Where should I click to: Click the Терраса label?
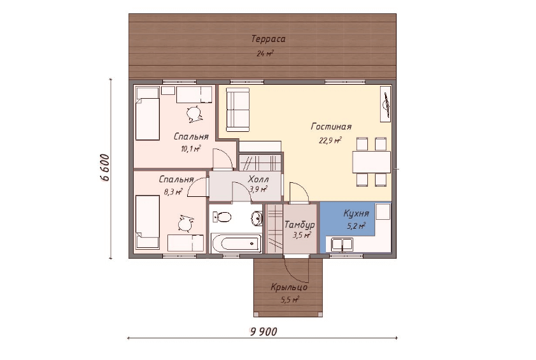(x=268, y=39)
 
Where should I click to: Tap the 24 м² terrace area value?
(x=265, y=54)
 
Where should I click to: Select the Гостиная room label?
(x=331, y=127)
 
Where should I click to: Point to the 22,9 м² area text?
(x=330, y=141)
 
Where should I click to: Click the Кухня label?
(x=356, y=214)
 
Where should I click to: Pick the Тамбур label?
(x=299, y=225)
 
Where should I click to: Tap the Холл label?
(x=258, y=179)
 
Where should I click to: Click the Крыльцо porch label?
(x=289, y=287)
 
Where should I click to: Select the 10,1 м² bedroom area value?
(x=191, y=148)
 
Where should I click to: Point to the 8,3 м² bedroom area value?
(x=173, y=192)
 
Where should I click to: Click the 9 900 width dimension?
(x=264, y=331)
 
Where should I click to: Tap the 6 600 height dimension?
(x=105, y=168)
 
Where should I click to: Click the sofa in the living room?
(x=238, y=110)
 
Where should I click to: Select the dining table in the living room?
(x=372, y=162)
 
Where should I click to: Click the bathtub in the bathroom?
(x=237, y=243)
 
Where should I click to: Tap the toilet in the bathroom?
(x=222, y=217)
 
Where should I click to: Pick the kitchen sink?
(x=342, y=244)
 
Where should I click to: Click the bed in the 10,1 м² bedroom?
(x=148, y=113)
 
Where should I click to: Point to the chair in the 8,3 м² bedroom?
(x=186, y=224)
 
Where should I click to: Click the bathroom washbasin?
(x=257, y=218)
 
